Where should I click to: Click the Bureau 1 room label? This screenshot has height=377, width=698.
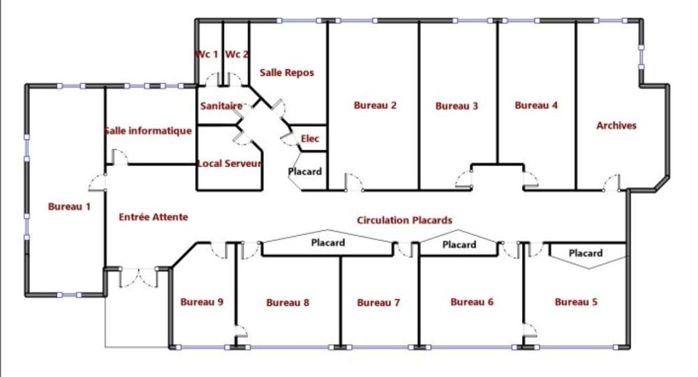(x=69, y=207)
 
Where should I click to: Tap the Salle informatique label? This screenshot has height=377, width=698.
(x=148, y=131)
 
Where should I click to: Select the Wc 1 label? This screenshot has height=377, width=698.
(x=207, y=54)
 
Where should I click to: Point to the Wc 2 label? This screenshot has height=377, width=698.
(x=237, y=54)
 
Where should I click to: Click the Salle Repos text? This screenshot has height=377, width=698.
(x=287, y=73)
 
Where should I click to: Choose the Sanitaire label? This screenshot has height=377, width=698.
(x=221, y=106)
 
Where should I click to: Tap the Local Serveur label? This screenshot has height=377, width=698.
(x=229, y=163)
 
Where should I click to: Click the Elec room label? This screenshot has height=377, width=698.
(x=310, y=138)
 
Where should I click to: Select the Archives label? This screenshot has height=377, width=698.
(x=616, y=126)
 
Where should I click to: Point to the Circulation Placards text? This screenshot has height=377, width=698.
(x=404, y=221)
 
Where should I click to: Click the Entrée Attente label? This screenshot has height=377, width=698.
(x=153, y=217)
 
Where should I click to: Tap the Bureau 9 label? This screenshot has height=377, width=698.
(x=202, y=302)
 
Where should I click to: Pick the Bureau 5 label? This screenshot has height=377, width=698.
(x=576, y=302)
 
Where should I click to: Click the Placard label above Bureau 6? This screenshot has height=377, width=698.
(x=459, y=245)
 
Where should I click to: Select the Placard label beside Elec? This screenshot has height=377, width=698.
(x=304, y=171)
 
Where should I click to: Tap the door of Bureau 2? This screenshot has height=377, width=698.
(x=354, y=182)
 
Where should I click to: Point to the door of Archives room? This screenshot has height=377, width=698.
(x=611, y=182)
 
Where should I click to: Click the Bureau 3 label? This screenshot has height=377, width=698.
(x=456, y=106)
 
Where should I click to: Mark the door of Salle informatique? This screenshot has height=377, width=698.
(x=120, y=157)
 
